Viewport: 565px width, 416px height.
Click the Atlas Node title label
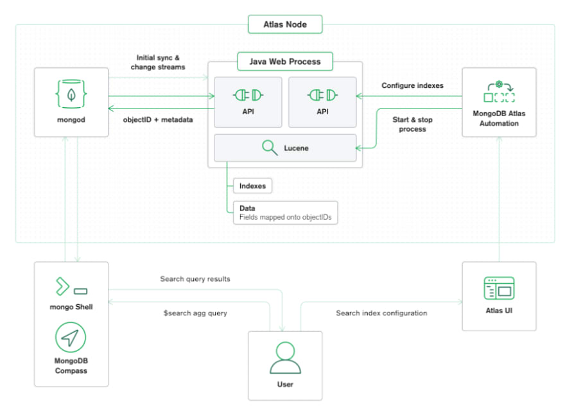coord(285,24)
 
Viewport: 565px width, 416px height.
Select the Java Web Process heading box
coord(285,62)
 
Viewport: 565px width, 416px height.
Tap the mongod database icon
coord(71,94)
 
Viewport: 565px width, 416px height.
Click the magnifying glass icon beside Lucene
coord(270,148)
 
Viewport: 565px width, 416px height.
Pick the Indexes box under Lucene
coord(252,186)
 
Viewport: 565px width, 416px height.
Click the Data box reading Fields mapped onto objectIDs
coord(285,212)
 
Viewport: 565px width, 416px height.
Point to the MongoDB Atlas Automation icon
coord(499,92)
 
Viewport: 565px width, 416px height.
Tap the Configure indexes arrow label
coord(412,85)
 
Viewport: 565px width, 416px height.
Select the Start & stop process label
coord(412,125)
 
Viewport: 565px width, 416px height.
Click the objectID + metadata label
coord(158,119)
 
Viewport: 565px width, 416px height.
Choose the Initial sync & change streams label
coord(158,62)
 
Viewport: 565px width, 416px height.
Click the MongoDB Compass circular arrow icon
coord(71,337)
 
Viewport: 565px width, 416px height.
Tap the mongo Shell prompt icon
coord(71,286)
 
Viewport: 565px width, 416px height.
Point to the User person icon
coord(285,358)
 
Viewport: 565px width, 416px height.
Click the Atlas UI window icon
coord(499,288)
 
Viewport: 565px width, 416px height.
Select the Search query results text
coord(195,279)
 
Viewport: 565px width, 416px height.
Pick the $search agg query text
coord(195,313)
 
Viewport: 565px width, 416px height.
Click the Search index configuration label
coord(381,313)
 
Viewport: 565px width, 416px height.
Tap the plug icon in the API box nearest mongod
coord(248,95)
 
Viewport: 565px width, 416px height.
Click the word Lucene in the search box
coord(296,148)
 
